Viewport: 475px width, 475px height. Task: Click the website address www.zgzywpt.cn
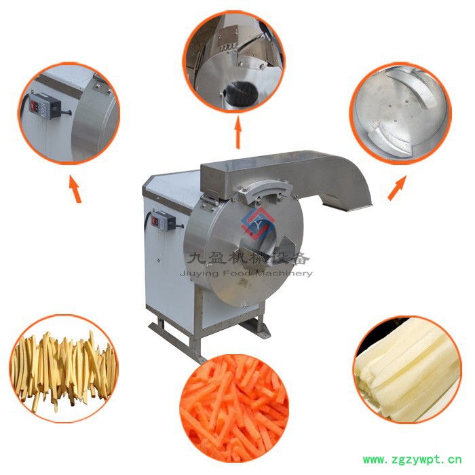(x=413, y=461)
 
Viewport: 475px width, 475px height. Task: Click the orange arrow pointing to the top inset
(x=238, y=133)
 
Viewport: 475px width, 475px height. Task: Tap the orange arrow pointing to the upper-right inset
(x=397, y=188)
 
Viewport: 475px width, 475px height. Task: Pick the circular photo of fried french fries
(x=64, y=368)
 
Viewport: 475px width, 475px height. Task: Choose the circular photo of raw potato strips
(x=408, y=370)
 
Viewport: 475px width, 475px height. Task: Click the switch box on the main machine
(x=164, y=221)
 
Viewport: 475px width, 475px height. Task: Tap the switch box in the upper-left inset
(x=45, y=106)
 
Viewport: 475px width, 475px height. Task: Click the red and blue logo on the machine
(x=257, y=224)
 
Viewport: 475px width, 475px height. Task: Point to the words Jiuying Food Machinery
(x=246, y=273)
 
